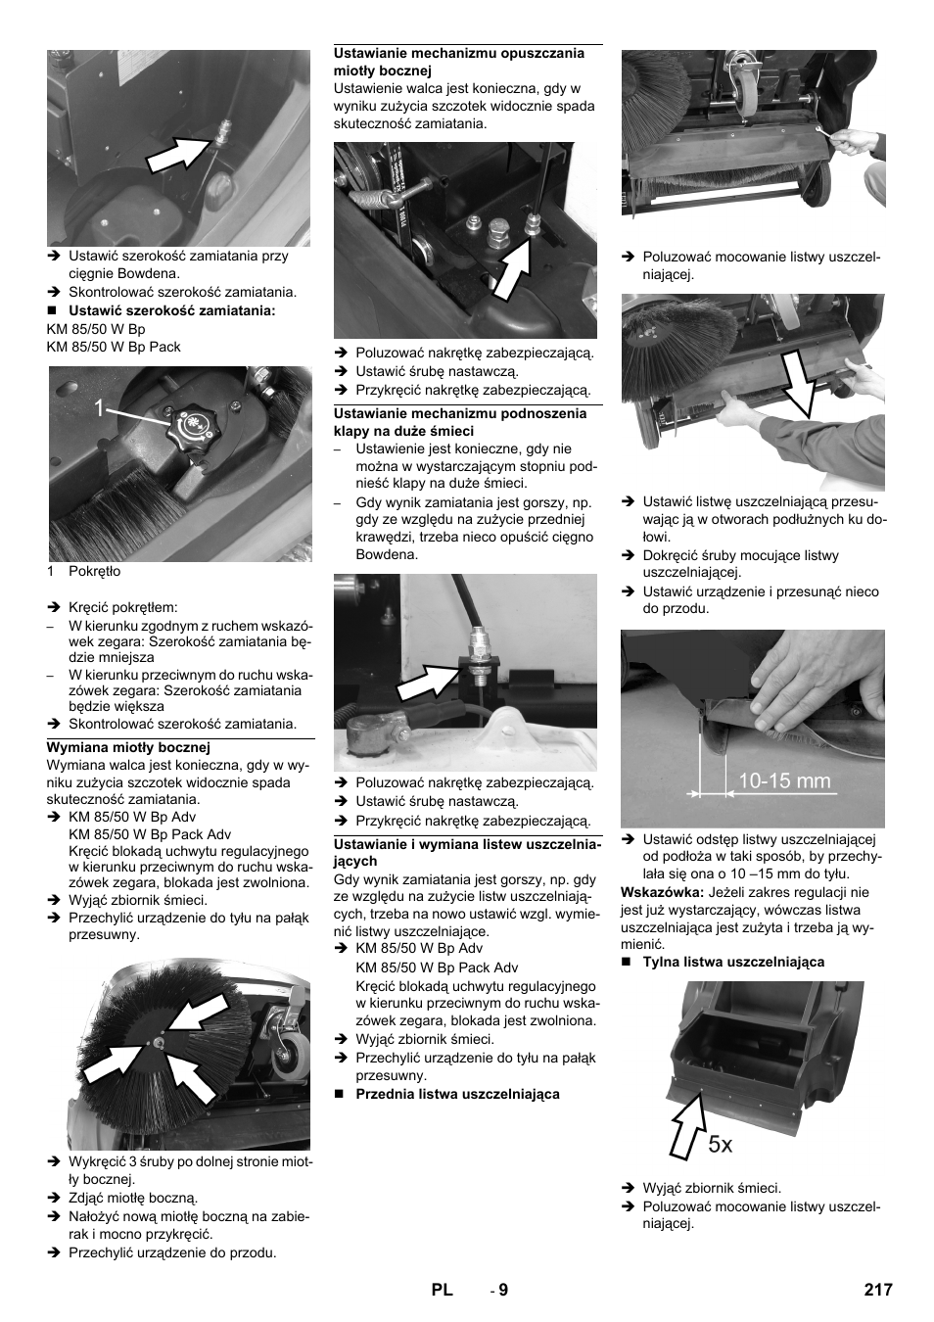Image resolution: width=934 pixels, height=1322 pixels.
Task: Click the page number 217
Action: click(x=877, y=1290)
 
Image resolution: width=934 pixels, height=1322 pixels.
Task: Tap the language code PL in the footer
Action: click(x=442, y=1290)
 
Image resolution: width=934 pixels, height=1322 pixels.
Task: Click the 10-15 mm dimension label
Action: click(x=783, y=780)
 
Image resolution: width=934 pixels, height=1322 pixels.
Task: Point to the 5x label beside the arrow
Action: click(x=720, y=1143)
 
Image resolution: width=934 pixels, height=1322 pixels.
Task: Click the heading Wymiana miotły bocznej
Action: click(x=128, y=747)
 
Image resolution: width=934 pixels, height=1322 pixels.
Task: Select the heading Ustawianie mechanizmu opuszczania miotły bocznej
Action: click(x=458, y=62)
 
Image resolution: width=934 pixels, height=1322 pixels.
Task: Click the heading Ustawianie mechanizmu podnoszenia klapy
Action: click(x=459, y=422)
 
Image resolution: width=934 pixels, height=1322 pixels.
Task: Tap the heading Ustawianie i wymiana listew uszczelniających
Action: click(x=467, y=852)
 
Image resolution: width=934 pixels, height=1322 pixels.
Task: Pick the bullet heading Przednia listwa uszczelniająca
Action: click(x=457, y=1094)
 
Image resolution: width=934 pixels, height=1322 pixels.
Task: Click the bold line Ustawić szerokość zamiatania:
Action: click(x=171, y=310)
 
